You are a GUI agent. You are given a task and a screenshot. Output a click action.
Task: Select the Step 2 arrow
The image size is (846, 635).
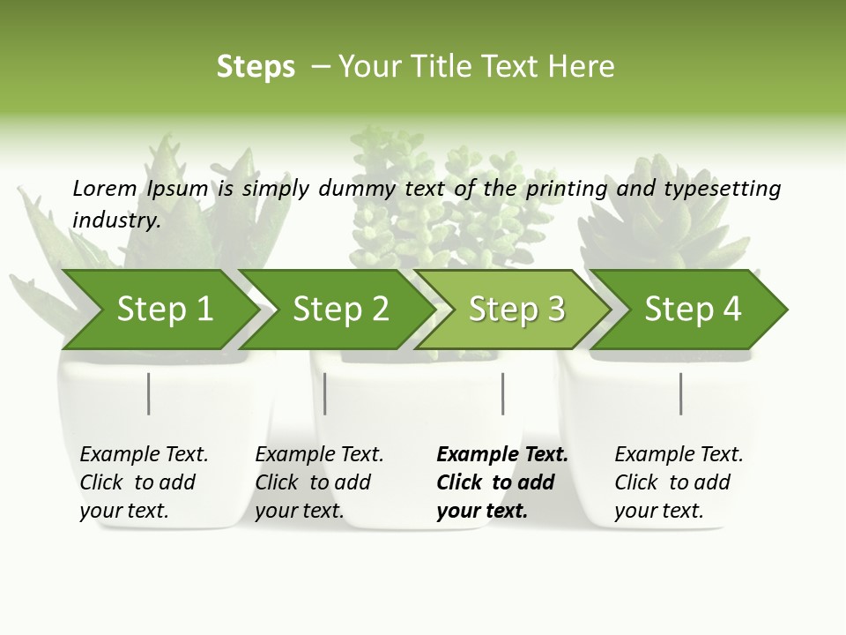click(x=339, y=310)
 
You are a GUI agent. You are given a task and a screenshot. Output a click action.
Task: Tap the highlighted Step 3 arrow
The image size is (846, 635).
click(x=516, y=310)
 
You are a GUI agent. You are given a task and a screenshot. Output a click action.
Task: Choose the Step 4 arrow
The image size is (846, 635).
click(x=693, y=310)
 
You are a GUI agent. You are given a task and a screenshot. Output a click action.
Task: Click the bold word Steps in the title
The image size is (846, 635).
click(x=256, y=67)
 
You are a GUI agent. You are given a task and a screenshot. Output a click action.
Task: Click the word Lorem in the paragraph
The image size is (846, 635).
click(x=105, y=188)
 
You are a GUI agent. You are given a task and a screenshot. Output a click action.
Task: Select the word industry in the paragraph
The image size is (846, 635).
click(x=115, y=220)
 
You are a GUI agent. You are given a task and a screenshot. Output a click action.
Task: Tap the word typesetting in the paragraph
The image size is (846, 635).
click(x=722, y=188)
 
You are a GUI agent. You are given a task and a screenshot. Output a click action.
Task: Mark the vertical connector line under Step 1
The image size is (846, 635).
click(x=149, y=393)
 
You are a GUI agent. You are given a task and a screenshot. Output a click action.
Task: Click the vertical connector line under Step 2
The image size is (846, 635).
click(x=325, y=393)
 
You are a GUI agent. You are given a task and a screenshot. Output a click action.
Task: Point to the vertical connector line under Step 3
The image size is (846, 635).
click(x=503, y=393)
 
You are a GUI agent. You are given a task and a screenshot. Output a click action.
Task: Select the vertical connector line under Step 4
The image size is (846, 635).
click(x=681, y=393)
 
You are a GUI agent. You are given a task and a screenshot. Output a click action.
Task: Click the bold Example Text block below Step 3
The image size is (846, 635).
click(x=502, y=482)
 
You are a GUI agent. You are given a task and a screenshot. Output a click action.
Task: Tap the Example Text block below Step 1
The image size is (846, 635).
click(x=144, y=482)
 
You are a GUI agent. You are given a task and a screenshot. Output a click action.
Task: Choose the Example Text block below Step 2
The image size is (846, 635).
click(x=319, y=482)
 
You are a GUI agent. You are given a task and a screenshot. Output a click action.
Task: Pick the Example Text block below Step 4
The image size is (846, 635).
click(x=679, y=482)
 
